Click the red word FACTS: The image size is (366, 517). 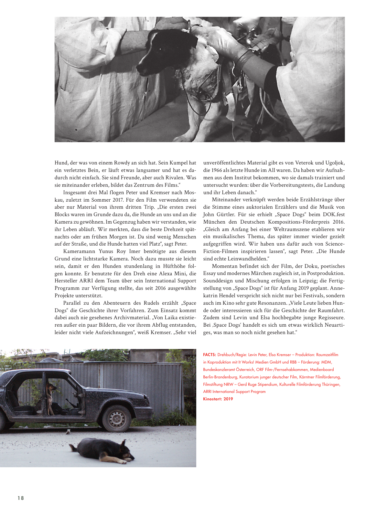210,355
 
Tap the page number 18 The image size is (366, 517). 21,498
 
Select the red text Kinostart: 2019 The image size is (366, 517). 218,399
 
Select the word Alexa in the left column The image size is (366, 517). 166,273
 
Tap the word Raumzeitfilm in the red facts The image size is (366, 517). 327,355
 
